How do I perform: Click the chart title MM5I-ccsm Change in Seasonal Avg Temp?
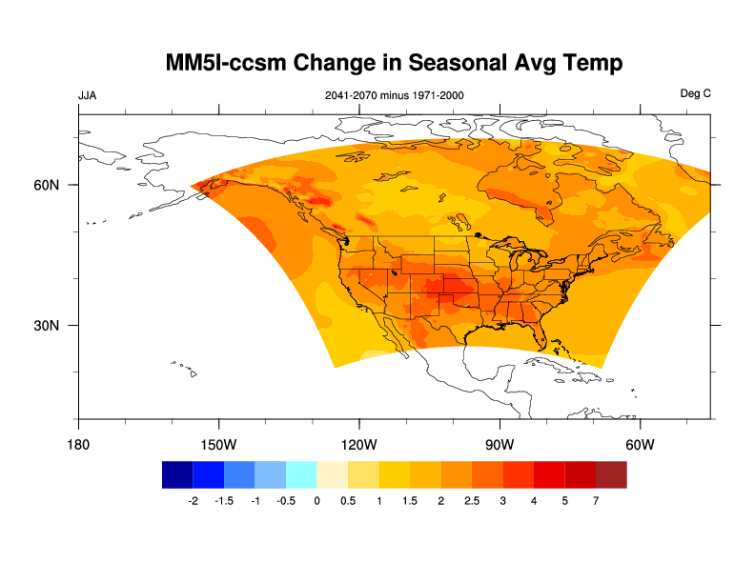394,63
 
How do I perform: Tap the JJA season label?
87,95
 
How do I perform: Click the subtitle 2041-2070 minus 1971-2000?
394,95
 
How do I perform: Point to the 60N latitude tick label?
47,185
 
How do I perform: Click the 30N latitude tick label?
47,325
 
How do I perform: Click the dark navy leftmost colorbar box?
177,474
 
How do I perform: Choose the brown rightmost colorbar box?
611,474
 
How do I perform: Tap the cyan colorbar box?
301,474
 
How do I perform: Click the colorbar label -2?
193,501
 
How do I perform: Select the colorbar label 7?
596,501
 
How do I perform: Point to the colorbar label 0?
316,501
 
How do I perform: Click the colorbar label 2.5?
472,501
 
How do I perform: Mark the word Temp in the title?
590,64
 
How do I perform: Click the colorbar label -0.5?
285,501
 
